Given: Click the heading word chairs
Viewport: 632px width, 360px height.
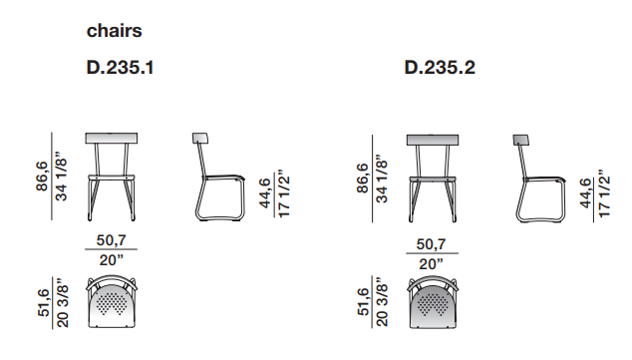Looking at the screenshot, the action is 114,31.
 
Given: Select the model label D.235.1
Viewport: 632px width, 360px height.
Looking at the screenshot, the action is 120,68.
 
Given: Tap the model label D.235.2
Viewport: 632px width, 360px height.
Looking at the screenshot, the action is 440,68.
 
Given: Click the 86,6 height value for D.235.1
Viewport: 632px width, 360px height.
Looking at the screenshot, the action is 42,177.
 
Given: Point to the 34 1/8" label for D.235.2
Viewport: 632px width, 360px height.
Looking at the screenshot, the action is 382,179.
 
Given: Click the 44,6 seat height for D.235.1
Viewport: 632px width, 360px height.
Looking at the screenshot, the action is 265,193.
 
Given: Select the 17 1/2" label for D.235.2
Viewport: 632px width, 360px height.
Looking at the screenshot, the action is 604,193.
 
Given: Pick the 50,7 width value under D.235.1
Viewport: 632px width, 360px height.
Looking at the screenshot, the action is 112,240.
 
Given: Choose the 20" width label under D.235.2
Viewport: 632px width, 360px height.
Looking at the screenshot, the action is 431,264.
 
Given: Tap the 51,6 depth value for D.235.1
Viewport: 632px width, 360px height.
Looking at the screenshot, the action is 44,303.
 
